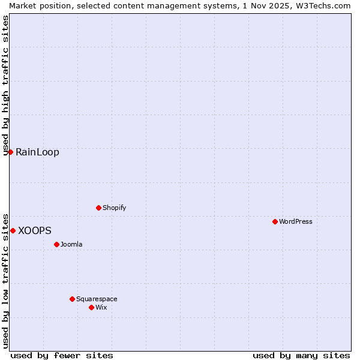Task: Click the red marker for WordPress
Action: pyautogui.click(x=275, y=221)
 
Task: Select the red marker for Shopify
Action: pyautogui.click(x=98, y=208)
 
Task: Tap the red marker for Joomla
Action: pyautogui.click(x=56, y=244)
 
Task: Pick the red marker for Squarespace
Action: pyautogui.click(x=72, y=299)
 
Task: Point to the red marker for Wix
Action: pyautogui.click(x=91, y=307)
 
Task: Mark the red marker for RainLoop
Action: pyautogui.click(x=10, y=152)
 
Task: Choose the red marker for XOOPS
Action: pyautogui.click(x=13, y=230)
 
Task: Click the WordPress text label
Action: pyautogui.click(x=296, y=221)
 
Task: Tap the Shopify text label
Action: pyautogui.click(x=114, y=208)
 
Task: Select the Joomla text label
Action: pyautogui.click(x=71, y=244)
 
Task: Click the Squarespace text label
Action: pyautogui.click(x=97, y=299)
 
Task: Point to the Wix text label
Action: pyautogui.click(x=101, y=307)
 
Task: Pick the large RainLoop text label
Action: pyautogui.click(x=37, y=152)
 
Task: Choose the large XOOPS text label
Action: pyautogui.click(x=35, y=230)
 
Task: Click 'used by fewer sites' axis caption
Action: pyautogui.click(x=62, y=355)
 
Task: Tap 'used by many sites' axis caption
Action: pyautogui.click(x=301, y=355)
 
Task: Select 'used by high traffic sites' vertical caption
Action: pyautogui.click(x=5, y=86)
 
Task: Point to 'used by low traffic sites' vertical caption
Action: pyautogui.click(x=5, y=280)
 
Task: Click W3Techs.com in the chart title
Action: pyautogui.click(x=322, y=5)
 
